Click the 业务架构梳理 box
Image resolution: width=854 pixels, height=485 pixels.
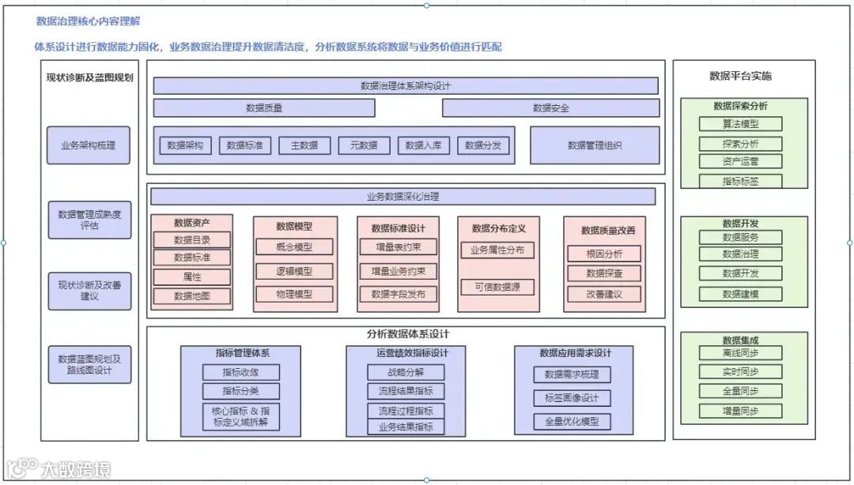89,145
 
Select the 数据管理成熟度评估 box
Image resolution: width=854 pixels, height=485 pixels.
89,220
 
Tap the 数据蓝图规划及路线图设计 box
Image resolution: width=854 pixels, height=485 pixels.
89,364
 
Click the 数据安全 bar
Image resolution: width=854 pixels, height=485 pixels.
550,108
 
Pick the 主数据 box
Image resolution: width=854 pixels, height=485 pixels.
304,145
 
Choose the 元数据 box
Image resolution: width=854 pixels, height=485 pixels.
364,145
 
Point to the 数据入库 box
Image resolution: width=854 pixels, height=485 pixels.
423,145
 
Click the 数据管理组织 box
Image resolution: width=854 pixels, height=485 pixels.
595,145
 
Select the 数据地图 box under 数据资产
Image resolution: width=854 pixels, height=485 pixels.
192,296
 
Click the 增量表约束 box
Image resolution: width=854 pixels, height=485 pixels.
399,247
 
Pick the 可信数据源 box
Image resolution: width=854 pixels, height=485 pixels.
498,288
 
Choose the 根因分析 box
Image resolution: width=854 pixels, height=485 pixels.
604,254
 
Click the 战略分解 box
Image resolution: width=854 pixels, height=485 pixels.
406,372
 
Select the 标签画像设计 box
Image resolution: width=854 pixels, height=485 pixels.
572,398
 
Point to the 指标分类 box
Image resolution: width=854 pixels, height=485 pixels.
240,391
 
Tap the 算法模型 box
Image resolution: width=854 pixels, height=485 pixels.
741,124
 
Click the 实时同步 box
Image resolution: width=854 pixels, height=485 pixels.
741,372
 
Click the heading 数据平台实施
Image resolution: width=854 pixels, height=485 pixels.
741,76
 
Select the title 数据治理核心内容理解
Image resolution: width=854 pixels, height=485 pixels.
89,21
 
